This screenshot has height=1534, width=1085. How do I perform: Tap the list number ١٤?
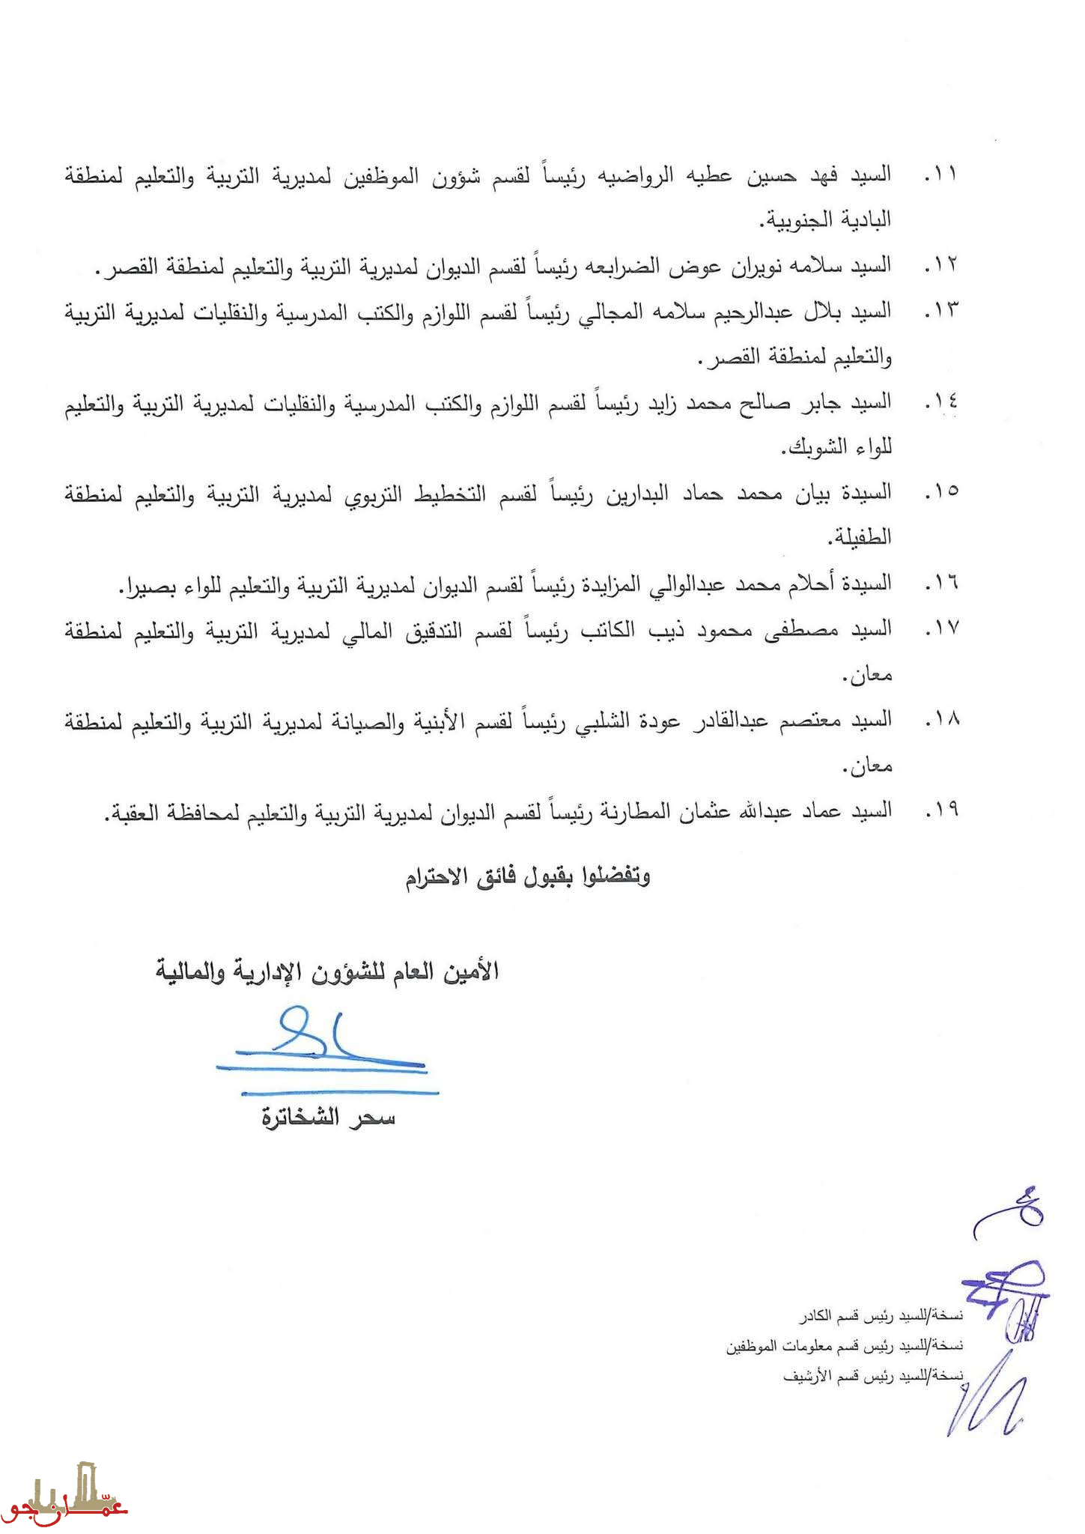click(940, 403)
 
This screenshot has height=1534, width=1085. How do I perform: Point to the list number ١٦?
click(940, 583)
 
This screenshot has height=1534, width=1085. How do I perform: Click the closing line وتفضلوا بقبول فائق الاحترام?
click(528, 876)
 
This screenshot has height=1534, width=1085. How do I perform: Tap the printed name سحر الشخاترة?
click(328, 1118)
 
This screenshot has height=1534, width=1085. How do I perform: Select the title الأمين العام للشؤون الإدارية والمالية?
click(327, 971)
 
